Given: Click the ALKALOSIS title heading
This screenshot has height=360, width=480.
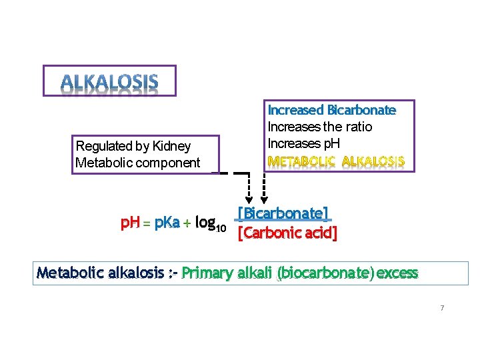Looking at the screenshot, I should [x=110, y=83].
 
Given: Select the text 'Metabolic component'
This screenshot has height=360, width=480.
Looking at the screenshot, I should [x=138, y=163].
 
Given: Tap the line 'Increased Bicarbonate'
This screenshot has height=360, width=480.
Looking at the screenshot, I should [x=331, y=110].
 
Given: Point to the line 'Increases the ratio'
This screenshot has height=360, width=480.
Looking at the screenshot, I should [x=319, y=127].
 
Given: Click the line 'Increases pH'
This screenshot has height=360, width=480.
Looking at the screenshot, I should [x=303, y=143].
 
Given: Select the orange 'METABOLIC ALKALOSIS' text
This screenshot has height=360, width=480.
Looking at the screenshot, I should [x=335, y=161].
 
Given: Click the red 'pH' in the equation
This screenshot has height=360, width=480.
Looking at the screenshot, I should [x=129, y=223].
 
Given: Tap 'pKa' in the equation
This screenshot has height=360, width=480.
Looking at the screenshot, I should [x=166, y=223].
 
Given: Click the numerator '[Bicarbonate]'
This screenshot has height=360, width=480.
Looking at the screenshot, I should [x=283, y=214].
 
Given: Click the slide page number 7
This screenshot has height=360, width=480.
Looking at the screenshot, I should [x=442, y=308].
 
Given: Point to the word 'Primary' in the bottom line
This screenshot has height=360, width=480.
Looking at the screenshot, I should [x=206, y=273].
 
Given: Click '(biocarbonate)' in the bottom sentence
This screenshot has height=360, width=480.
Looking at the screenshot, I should [x=325, y=273].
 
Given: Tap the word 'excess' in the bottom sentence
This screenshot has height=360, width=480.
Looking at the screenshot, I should [x=397, y=273].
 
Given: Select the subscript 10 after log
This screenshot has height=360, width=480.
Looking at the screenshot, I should [x=222, y=229].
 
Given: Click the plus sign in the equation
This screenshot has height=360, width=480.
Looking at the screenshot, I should [x=187, y=224].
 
